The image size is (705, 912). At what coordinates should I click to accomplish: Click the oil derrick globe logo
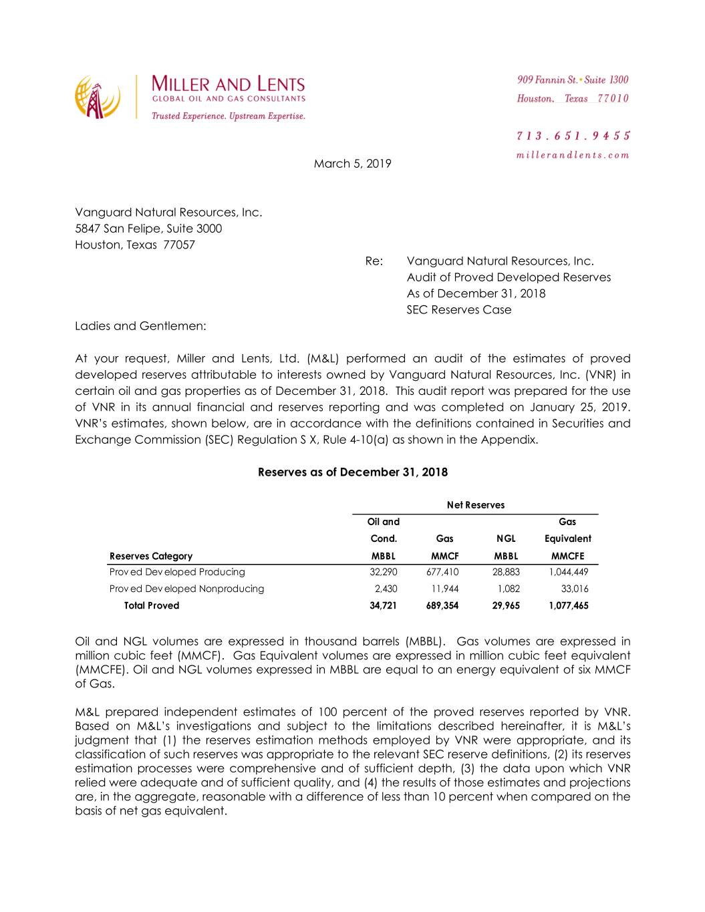coord(98,97)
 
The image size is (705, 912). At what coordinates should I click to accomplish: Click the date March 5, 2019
coord(352,164)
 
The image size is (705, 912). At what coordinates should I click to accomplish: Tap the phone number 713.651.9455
coord(573,136)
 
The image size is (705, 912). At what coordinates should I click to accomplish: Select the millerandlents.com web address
coord(573,155)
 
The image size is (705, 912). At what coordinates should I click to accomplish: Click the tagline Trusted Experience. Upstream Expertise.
coord(229,116)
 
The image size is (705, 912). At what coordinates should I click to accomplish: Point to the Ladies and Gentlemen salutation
coord(140,326)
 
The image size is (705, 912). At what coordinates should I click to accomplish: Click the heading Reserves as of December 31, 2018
coord(352,472)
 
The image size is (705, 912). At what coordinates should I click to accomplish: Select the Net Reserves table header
coord(475,505)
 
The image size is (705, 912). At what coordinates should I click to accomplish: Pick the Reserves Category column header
coord(151,556)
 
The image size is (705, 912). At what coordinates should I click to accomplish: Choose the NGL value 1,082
coord(509,589)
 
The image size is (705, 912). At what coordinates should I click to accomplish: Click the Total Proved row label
coord(152,605)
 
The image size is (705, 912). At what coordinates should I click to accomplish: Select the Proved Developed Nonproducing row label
coord(186,589)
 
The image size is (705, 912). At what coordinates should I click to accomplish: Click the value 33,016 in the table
coord(575,589)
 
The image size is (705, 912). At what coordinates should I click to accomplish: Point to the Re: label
coord(374,261)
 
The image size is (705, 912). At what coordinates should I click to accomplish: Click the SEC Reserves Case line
coord(458,310)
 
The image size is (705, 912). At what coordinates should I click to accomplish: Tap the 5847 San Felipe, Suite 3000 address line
coord(148,229)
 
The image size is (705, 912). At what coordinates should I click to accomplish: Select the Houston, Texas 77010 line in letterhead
coord(573,99)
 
